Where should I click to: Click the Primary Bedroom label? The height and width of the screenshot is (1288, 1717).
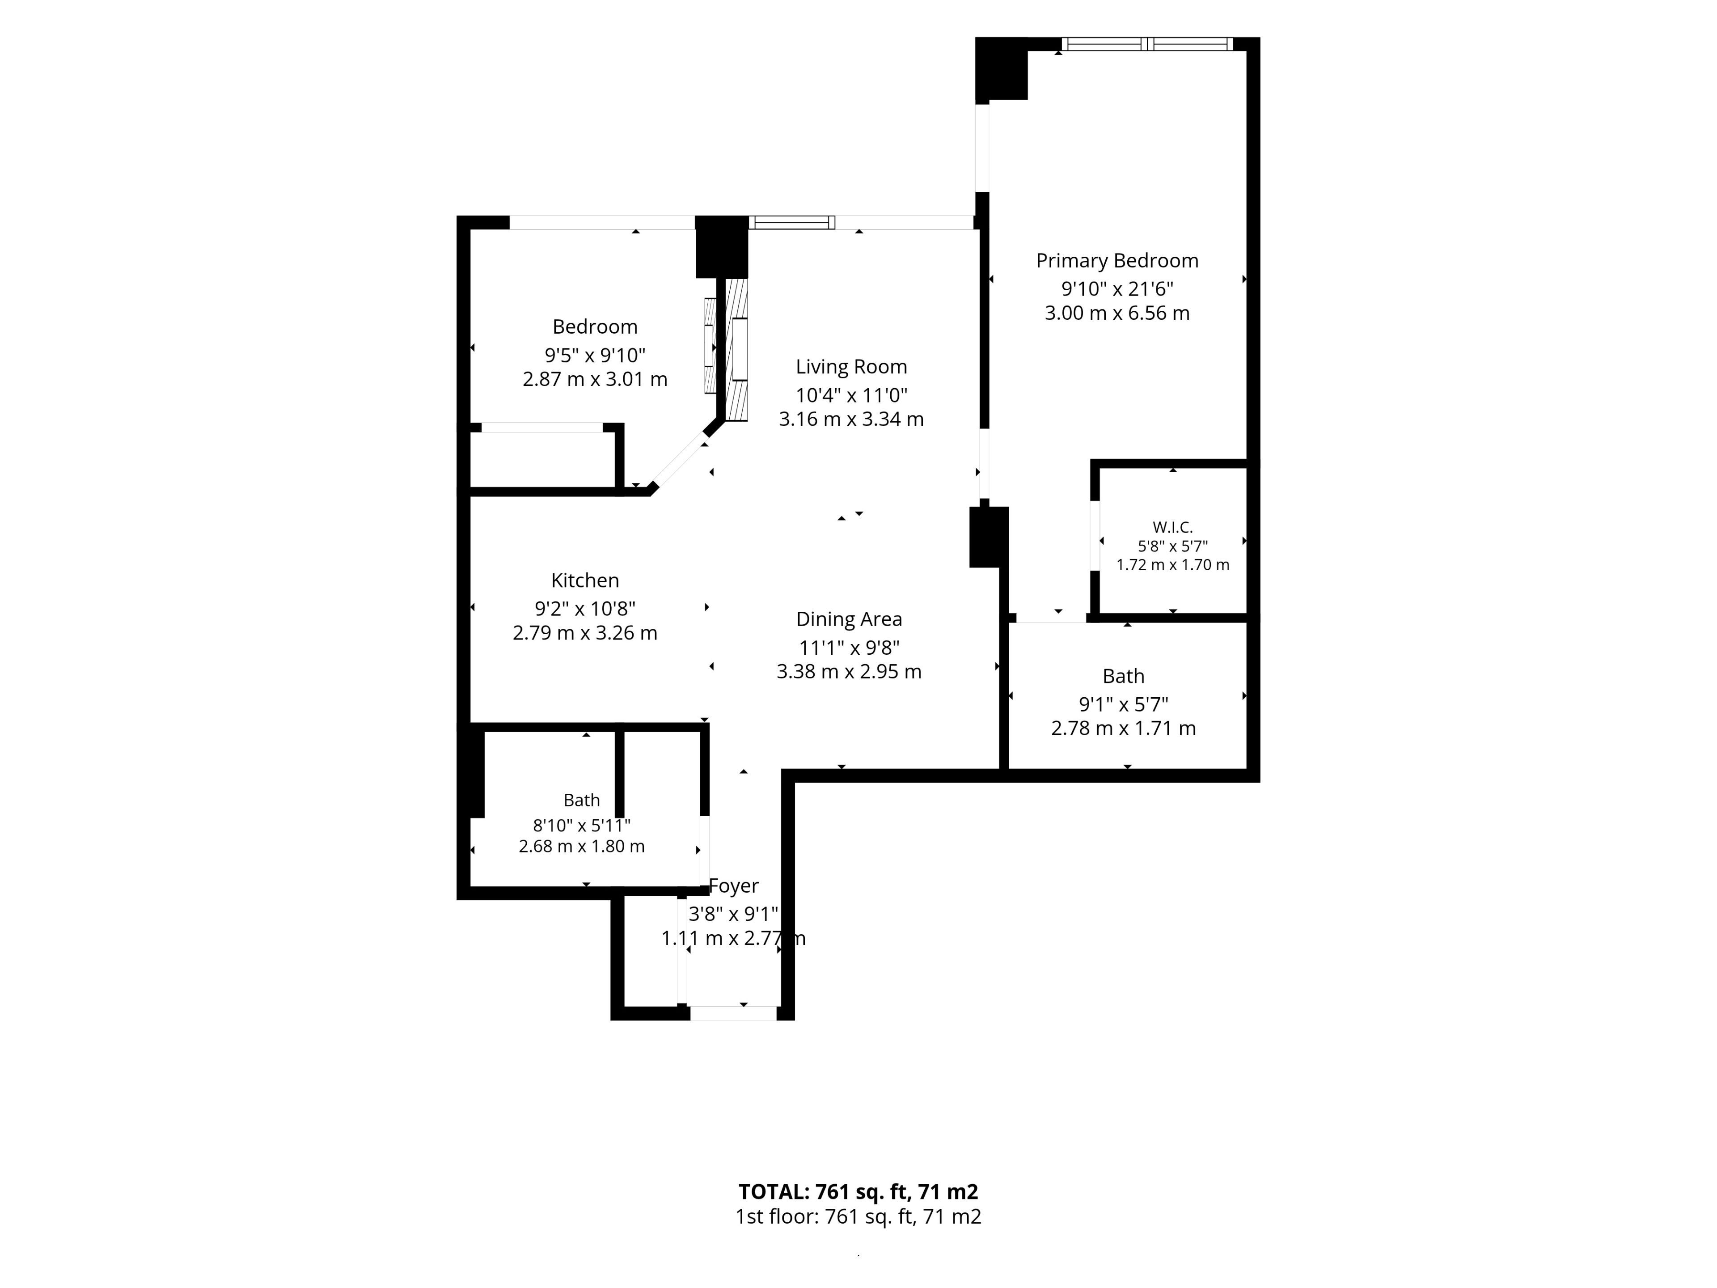[x=1117, y=261]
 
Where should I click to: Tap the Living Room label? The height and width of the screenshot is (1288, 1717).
[x=851, y=366]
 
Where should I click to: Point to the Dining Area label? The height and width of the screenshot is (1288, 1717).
[x=849, y=619]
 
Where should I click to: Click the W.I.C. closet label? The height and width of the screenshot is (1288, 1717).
[x=1173, y=528]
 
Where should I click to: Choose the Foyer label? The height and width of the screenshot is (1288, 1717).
[x=734, y=886]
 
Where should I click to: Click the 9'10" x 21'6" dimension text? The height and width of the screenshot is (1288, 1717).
[x=1117, y=289]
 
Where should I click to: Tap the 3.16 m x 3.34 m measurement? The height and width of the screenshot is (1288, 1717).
[x=851, y=419]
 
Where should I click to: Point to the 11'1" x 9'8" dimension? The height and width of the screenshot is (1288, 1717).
[x=849, y=648]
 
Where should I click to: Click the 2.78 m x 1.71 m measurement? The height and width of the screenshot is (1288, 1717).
[x=1123, y=728]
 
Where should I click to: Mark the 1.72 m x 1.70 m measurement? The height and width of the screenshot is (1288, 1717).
[x=1173, y=565]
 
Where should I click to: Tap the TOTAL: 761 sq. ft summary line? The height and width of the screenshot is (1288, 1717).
[x=858, y=1192]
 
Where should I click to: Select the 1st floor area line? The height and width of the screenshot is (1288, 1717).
[x=858, y=1216]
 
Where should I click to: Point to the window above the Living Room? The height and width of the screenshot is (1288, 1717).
[x=792, y=223]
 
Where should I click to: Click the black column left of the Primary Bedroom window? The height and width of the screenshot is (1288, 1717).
[x=1001, y=69]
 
